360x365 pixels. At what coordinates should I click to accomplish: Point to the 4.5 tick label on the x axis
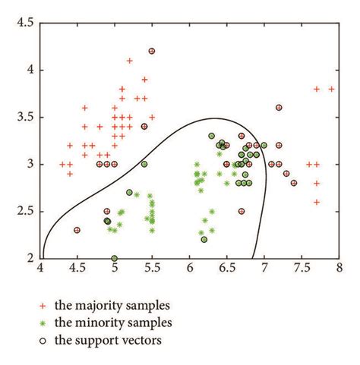77,267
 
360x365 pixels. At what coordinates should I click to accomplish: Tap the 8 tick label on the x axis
339,267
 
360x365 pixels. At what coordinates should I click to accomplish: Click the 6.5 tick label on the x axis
227,267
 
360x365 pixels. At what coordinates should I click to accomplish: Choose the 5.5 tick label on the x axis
152,267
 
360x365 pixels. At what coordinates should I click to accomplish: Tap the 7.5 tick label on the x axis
302,267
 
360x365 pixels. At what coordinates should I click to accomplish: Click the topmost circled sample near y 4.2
152,51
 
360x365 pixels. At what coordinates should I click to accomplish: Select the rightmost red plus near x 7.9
332,89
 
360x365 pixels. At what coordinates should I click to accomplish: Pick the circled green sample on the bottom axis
115,258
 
